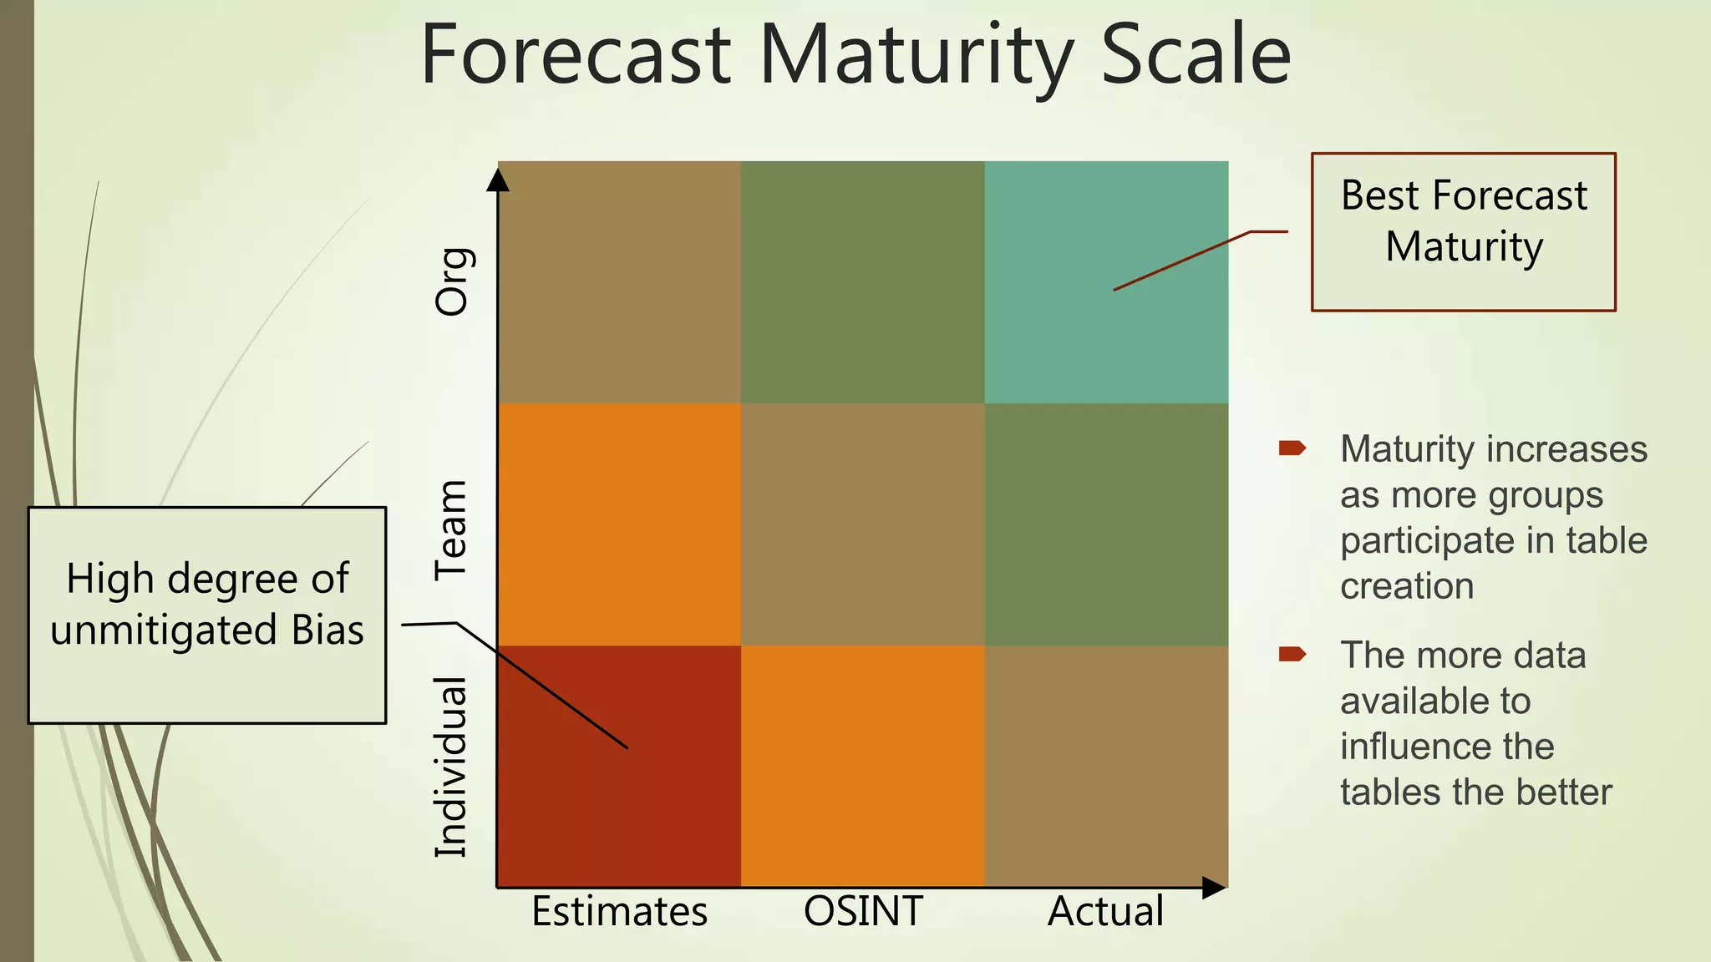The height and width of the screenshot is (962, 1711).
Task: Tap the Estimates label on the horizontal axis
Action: click(619, 911)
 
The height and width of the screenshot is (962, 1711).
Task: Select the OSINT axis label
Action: click(863, 911)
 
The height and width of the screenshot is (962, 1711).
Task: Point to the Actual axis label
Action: click(1105, 911)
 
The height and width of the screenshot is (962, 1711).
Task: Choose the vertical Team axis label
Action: click(452, 529)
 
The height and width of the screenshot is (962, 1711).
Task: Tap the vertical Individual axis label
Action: click(452, 767)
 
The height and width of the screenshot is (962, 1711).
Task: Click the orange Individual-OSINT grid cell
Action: click(863, 766)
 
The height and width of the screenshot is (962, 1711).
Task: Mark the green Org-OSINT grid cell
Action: click(863, 281)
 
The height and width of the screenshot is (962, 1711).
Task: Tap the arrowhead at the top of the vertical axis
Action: click(498, 180)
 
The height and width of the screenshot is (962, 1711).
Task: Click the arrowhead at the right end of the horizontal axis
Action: click(1213, 888)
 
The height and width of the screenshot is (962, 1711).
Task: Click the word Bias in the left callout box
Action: click(327, 630)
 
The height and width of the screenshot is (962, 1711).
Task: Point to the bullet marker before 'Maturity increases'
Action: click(1292, 448)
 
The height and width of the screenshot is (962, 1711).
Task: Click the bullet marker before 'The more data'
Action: click(1292, 654)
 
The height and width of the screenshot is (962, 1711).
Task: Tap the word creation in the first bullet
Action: click(1407, 586)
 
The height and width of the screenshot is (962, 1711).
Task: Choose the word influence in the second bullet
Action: click(1447, 746)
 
